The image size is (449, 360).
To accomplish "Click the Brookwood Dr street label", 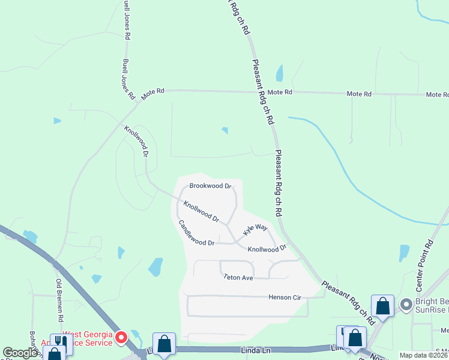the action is click(210, 186).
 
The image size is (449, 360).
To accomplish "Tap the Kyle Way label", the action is click(255, 229).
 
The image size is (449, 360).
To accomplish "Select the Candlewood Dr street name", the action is click(196, 234).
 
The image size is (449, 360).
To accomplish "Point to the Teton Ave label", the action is click(238, 277).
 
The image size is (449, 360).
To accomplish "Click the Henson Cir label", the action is click(284, 298).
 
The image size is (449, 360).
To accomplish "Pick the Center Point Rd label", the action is click(424, 263).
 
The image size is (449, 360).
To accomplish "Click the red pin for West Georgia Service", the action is click(120, 338).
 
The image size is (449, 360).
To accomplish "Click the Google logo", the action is click(20, 353).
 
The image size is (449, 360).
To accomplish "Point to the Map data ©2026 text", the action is click(424, 355).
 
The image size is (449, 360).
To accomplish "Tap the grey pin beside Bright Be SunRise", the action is click(406, 305).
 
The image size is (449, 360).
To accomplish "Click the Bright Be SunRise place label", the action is click(431, 305).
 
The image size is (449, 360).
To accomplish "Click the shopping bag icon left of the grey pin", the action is click(382, 305).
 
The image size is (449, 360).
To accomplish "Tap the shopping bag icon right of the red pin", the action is click(164, 343).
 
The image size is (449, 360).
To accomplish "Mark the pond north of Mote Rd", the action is click(279, 73).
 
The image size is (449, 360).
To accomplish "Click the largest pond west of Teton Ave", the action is click(155, 266).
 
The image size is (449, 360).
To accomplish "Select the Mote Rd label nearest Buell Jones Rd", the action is click(152, 94).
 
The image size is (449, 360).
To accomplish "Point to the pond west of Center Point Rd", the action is click(404, 253).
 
